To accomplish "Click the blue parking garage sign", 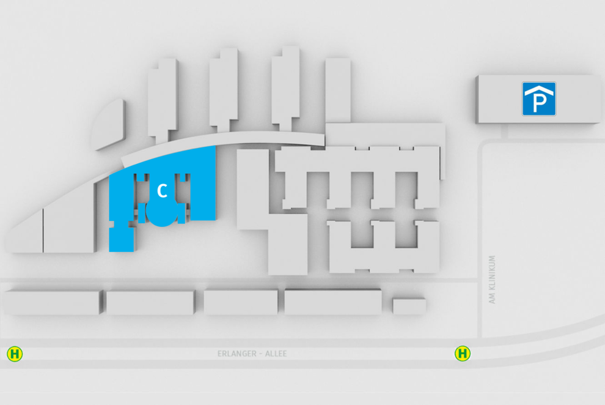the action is coord(539,99).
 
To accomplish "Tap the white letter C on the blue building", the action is coord(163,191).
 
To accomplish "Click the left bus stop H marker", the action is coord(15,354).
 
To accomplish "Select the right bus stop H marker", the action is coord(463,353).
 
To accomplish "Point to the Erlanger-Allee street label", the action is coord(252,354).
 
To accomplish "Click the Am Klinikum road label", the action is coord(492,279).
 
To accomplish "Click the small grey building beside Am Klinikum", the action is coord(409,306).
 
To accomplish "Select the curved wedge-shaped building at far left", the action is coord(108,125).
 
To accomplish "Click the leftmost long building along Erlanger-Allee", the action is coord(52,302).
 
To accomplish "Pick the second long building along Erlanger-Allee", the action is coord(150,303).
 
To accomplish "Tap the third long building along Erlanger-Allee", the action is coord(241,302).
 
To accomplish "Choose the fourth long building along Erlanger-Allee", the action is coord(333,302).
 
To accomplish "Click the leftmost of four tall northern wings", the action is coord(163,100).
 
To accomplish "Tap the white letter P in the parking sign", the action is coord(539,103).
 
